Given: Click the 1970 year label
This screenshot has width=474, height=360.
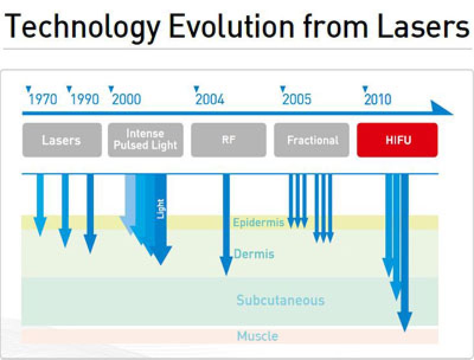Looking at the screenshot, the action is (43, 99).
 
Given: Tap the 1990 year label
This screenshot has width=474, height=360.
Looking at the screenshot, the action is (85, 99).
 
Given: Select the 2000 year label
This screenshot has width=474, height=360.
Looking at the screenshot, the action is (127, 99).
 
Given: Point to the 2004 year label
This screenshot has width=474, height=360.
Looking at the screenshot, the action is (210, 99).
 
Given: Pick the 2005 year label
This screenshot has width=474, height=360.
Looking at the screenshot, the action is (297, 99).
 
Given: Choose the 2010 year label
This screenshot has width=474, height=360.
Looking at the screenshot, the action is (378, 99).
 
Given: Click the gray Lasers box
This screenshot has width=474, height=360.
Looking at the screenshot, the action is (62, 140).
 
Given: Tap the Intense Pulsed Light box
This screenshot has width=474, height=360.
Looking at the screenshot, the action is (145, 140).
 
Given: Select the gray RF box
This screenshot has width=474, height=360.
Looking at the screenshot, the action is (229, 140).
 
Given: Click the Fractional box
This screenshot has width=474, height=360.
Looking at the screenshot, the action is (312, 140).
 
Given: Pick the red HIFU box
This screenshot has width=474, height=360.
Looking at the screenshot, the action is (397, 140).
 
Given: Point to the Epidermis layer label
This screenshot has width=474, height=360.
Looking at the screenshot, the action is (259, 223).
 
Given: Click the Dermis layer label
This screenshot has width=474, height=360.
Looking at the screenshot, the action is (254, 254).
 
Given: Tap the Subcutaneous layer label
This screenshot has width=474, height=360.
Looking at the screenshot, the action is (280, 300).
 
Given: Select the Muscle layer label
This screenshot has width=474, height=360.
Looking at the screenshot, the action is (258, 336).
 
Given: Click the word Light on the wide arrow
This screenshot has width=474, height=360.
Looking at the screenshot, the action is (161, 208).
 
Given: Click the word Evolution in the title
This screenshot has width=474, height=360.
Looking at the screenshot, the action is (232, 27).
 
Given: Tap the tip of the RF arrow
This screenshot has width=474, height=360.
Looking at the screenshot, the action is (226, 275).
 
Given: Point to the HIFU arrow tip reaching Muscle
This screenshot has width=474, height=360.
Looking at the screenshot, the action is (405, 331).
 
